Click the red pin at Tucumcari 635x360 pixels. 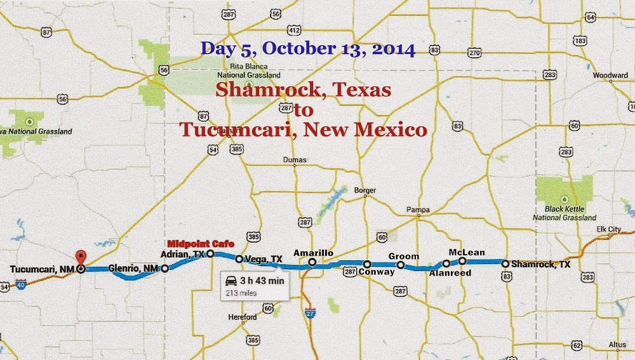80,258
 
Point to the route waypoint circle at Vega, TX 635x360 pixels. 239,259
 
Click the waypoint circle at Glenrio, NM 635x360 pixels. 165,268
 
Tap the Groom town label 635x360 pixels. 404,257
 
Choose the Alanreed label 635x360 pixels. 447,273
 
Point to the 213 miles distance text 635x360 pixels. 241,293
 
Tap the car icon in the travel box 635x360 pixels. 232,281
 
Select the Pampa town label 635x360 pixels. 418,210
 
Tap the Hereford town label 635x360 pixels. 243,317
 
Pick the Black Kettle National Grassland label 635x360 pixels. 561,213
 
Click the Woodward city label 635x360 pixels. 610,75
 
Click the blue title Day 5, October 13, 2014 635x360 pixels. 308,49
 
